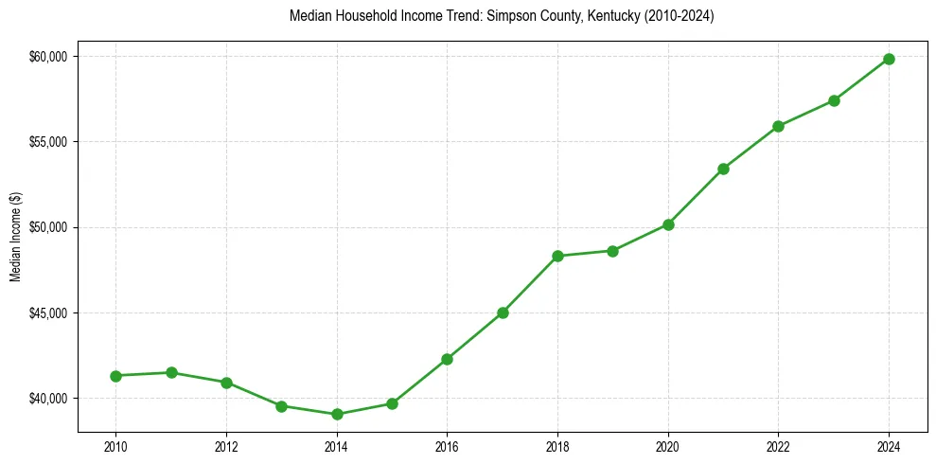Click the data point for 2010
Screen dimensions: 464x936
click(116, 376)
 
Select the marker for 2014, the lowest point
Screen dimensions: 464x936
click(337, 414)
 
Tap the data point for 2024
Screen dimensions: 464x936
click(889, 59)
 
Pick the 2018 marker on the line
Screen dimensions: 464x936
click(557, 256)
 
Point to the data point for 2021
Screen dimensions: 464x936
click(723, 169)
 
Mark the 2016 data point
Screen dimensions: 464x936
click(447, 359)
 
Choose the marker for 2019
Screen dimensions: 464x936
click(612, 251)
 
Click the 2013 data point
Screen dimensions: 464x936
click(281, 405)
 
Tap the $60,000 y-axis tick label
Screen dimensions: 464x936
click(49, 57)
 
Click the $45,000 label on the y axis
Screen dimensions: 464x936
click(49, 313)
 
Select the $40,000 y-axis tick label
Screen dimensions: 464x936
click(49, 399)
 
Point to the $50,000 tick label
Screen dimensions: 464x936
click(49, 227)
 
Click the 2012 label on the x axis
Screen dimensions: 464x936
click(226, 446)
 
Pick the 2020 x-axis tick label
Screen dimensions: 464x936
click(668, 446)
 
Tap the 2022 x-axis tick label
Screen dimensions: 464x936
click(778, 446)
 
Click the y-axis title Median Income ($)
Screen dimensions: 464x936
click(15, 237)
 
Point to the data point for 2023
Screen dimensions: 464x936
click(834, 100)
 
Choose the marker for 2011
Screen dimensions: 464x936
click(171, 372)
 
